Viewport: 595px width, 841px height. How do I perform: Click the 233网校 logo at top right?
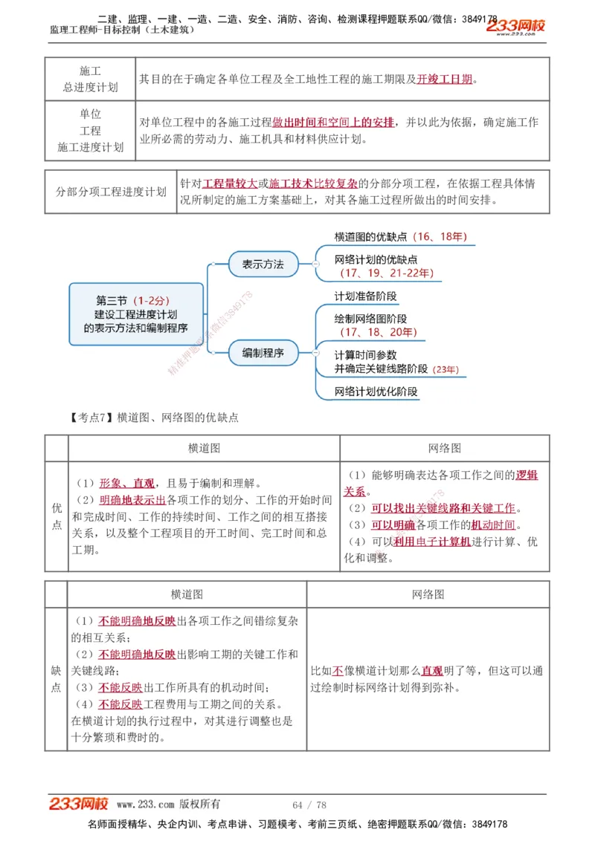tap(515, 27)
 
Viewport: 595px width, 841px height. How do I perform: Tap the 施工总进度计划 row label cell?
tap(90, 79)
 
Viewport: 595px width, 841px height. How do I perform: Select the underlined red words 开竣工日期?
tap(445, 79)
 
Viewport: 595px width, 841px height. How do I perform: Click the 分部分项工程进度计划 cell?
tap(111, 192)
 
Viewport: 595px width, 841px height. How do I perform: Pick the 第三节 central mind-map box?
tap(136, 314)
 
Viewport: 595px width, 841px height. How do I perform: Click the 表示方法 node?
tap(263, 264)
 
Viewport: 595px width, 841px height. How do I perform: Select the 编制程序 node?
tap(263, 353)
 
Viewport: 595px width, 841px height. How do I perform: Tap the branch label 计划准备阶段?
tap(366, 296)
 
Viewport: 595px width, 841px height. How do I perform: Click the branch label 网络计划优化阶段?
tap(376, 392)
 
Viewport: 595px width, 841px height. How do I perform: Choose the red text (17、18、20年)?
tap(378, 332)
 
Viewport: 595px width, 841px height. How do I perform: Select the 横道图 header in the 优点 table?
tap(204, 448)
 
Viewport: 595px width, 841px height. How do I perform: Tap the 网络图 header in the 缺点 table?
tap(428, 594)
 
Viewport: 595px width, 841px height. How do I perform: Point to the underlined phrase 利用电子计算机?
tap(432, 542)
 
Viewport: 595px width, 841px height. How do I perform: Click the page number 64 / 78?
tap(309, 805)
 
